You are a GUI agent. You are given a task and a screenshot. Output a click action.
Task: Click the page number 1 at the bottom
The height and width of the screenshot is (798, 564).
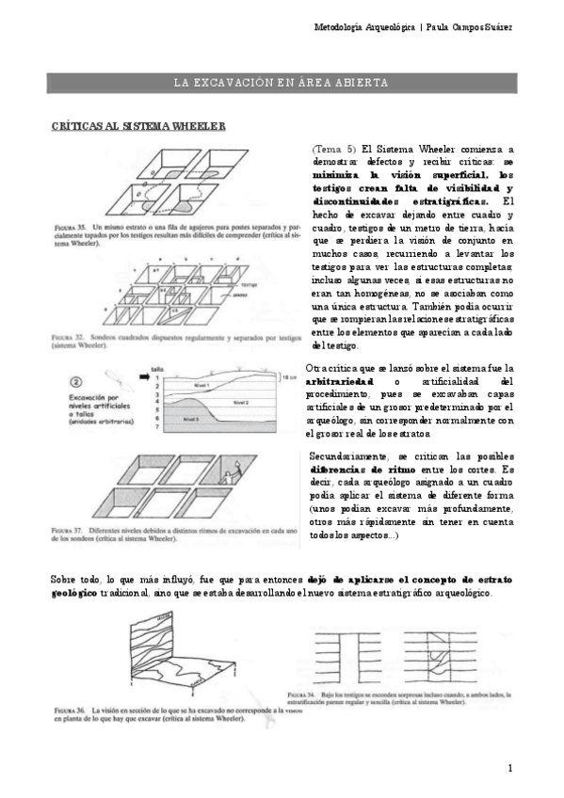pos(509,768)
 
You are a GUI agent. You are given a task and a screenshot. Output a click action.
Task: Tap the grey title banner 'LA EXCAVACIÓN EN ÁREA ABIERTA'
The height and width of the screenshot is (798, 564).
pos(282,82)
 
